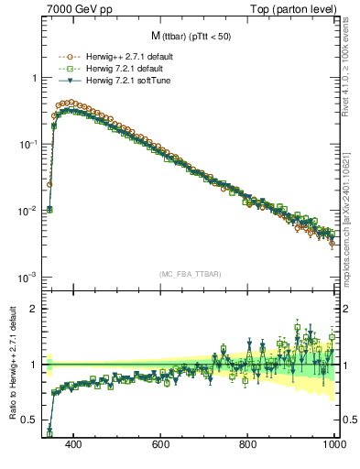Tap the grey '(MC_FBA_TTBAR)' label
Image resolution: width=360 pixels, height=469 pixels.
click(x=191, y=274)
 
